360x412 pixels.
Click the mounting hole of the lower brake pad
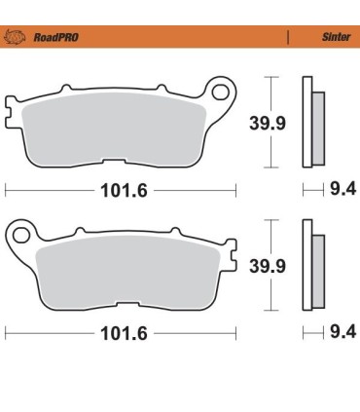pos(20,234)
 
